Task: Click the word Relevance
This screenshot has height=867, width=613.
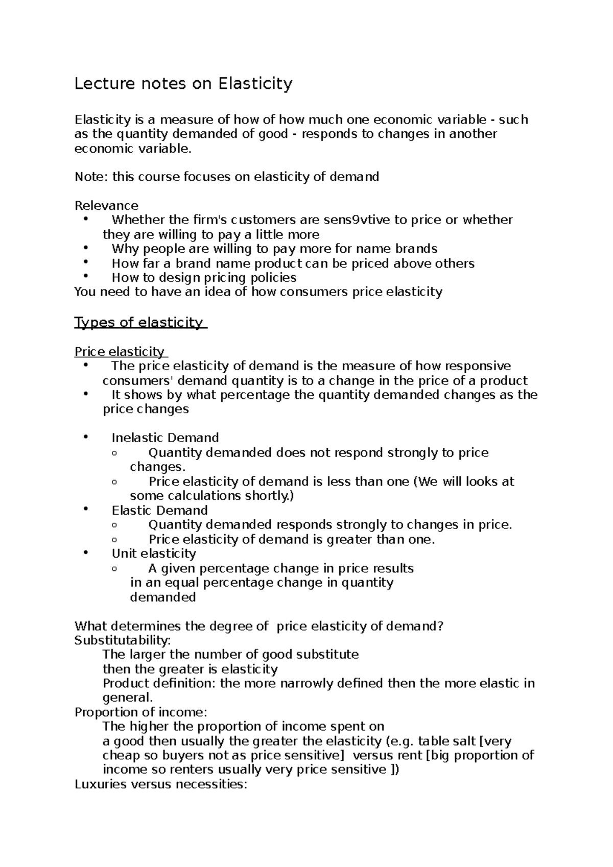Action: point(106,206)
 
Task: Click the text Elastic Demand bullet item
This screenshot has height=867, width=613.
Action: point(159,511)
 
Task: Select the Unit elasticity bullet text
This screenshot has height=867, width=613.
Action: point(154,554)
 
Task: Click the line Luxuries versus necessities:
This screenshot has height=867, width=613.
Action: point(161,784)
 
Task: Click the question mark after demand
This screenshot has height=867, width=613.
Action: point(440,627)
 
